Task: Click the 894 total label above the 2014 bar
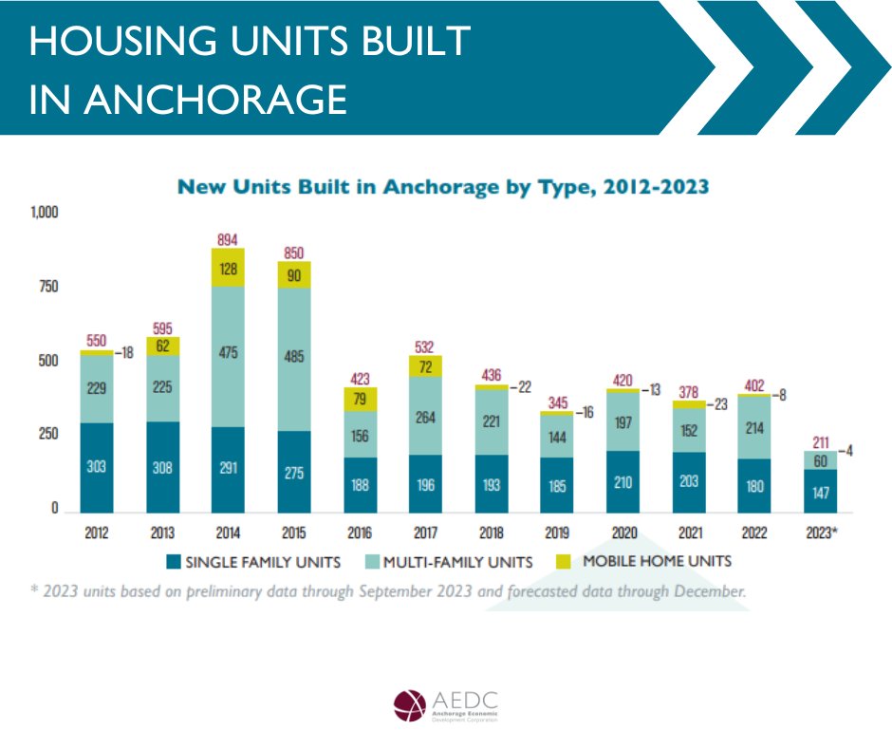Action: pyautogui.click(x=229, y=239)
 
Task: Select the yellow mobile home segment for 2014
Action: pyautogui.click(x=229, y=269)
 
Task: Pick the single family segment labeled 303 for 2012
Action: pyautogui.click(x=97, y=467)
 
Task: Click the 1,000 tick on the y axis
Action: pyautogui.click(x=44, y=213)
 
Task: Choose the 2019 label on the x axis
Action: pyautogui.click(x=556, y=533)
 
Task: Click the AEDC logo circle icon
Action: pyautogui.click(x=410, y=705)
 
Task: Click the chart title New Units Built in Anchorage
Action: pyautogui.click(x=443, y=186)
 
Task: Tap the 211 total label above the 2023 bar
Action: pyautogui.click(x=819, y=440)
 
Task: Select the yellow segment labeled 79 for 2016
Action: pyautogui.click(x=360, y=399)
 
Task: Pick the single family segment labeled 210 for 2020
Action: pyautogui.click(x=622, y=481)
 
